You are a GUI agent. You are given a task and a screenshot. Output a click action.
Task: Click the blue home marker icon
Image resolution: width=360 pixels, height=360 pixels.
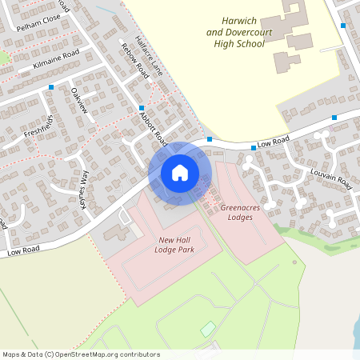(x=180, y=172)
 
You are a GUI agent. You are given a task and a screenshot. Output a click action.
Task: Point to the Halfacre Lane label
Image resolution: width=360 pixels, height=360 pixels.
(x=149, y=56)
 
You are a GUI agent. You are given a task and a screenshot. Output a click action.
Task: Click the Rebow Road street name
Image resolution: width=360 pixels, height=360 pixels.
(x=134, y=58)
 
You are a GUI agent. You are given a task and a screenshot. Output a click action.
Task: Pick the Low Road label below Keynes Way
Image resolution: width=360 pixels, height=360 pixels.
(x=24, y=251)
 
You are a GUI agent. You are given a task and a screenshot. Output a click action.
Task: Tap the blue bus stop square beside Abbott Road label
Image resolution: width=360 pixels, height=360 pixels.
(x=141, y=108)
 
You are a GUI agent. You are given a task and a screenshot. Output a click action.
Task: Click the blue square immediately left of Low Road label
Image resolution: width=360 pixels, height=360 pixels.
(x=209, y=140)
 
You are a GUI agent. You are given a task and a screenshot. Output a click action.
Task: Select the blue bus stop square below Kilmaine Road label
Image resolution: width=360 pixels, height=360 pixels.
(x=51, y=86)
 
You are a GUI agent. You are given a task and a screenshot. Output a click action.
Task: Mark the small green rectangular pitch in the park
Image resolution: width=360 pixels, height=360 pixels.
(x=208, y=329)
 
